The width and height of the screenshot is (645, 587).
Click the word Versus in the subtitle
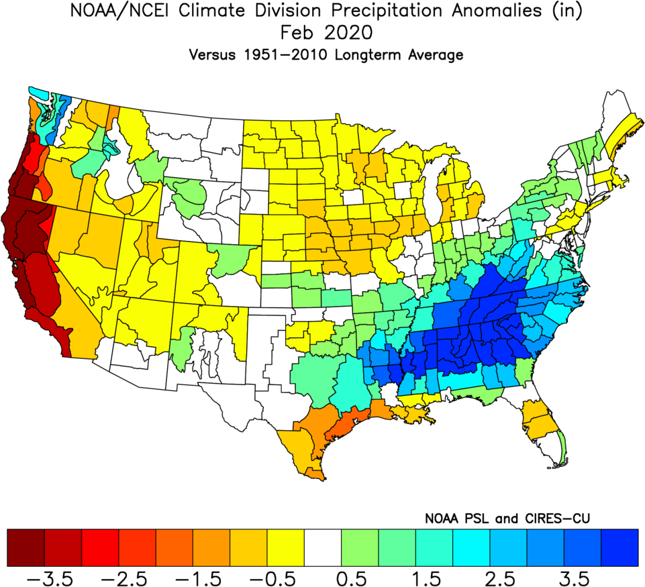coord(209,56)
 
